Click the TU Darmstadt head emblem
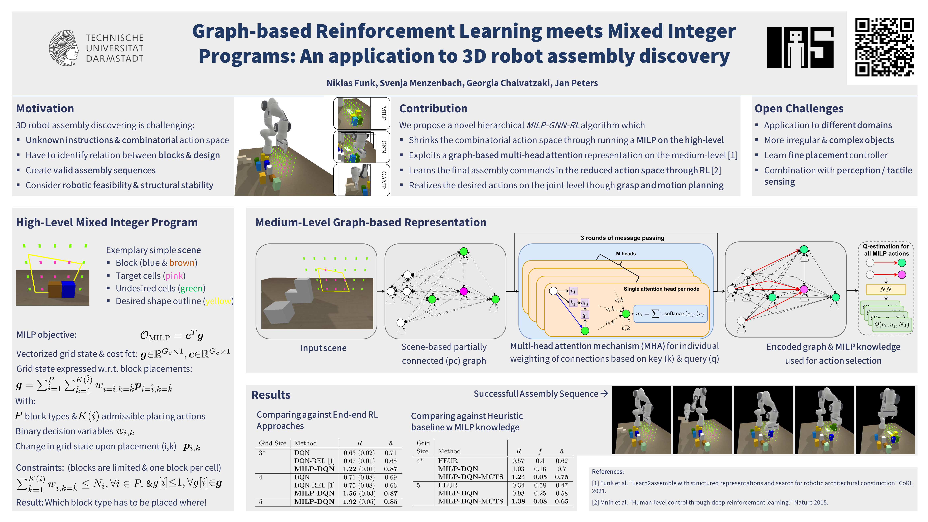tap(64, 48)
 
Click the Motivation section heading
tap(45, 108)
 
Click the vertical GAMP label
tap(383, 180)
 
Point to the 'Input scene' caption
tap(323, 348)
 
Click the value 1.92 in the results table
tap(349, 501)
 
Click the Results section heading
tap(271, 395)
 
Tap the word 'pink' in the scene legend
tap(174, 275)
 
